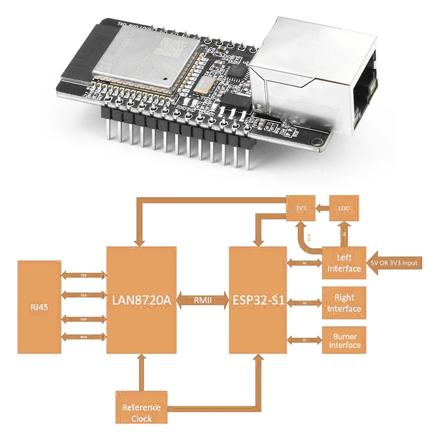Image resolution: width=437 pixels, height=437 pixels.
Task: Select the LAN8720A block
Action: click(x=142, y=300)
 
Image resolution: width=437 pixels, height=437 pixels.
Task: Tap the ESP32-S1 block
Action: click(x=257, y=300)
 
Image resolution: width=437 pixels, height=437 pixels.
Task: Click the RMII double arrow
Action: click(x=203, y=300)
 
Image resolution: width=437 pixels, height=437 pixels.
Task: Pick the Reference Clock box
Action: click(x=141, y=413)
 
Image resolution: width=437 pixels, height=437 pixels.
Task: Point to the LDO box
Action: click(x=344, y=209)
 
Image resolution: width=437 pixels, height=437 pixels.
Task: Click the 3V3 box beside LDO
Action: click(x=301, y=209)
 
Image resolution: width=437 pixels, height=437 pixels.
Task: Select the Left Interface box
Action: click(x=344, y=263)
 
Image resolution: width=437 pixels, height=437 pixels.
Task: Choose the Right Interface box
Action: click(x=344, y=303)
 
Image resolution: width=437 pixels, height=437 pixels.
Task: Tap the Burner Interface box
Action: click(x=344, y=340)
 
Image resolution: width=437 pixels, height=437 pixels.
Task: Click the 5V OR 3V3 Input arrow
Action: click(x=396, y=263)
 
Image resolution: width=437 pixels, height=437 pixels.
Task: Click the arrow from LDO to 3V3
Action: click(x=323, y=209)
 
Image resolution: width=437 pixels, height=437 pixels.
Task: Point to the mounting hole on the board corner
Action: click(x=316, y=141)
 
